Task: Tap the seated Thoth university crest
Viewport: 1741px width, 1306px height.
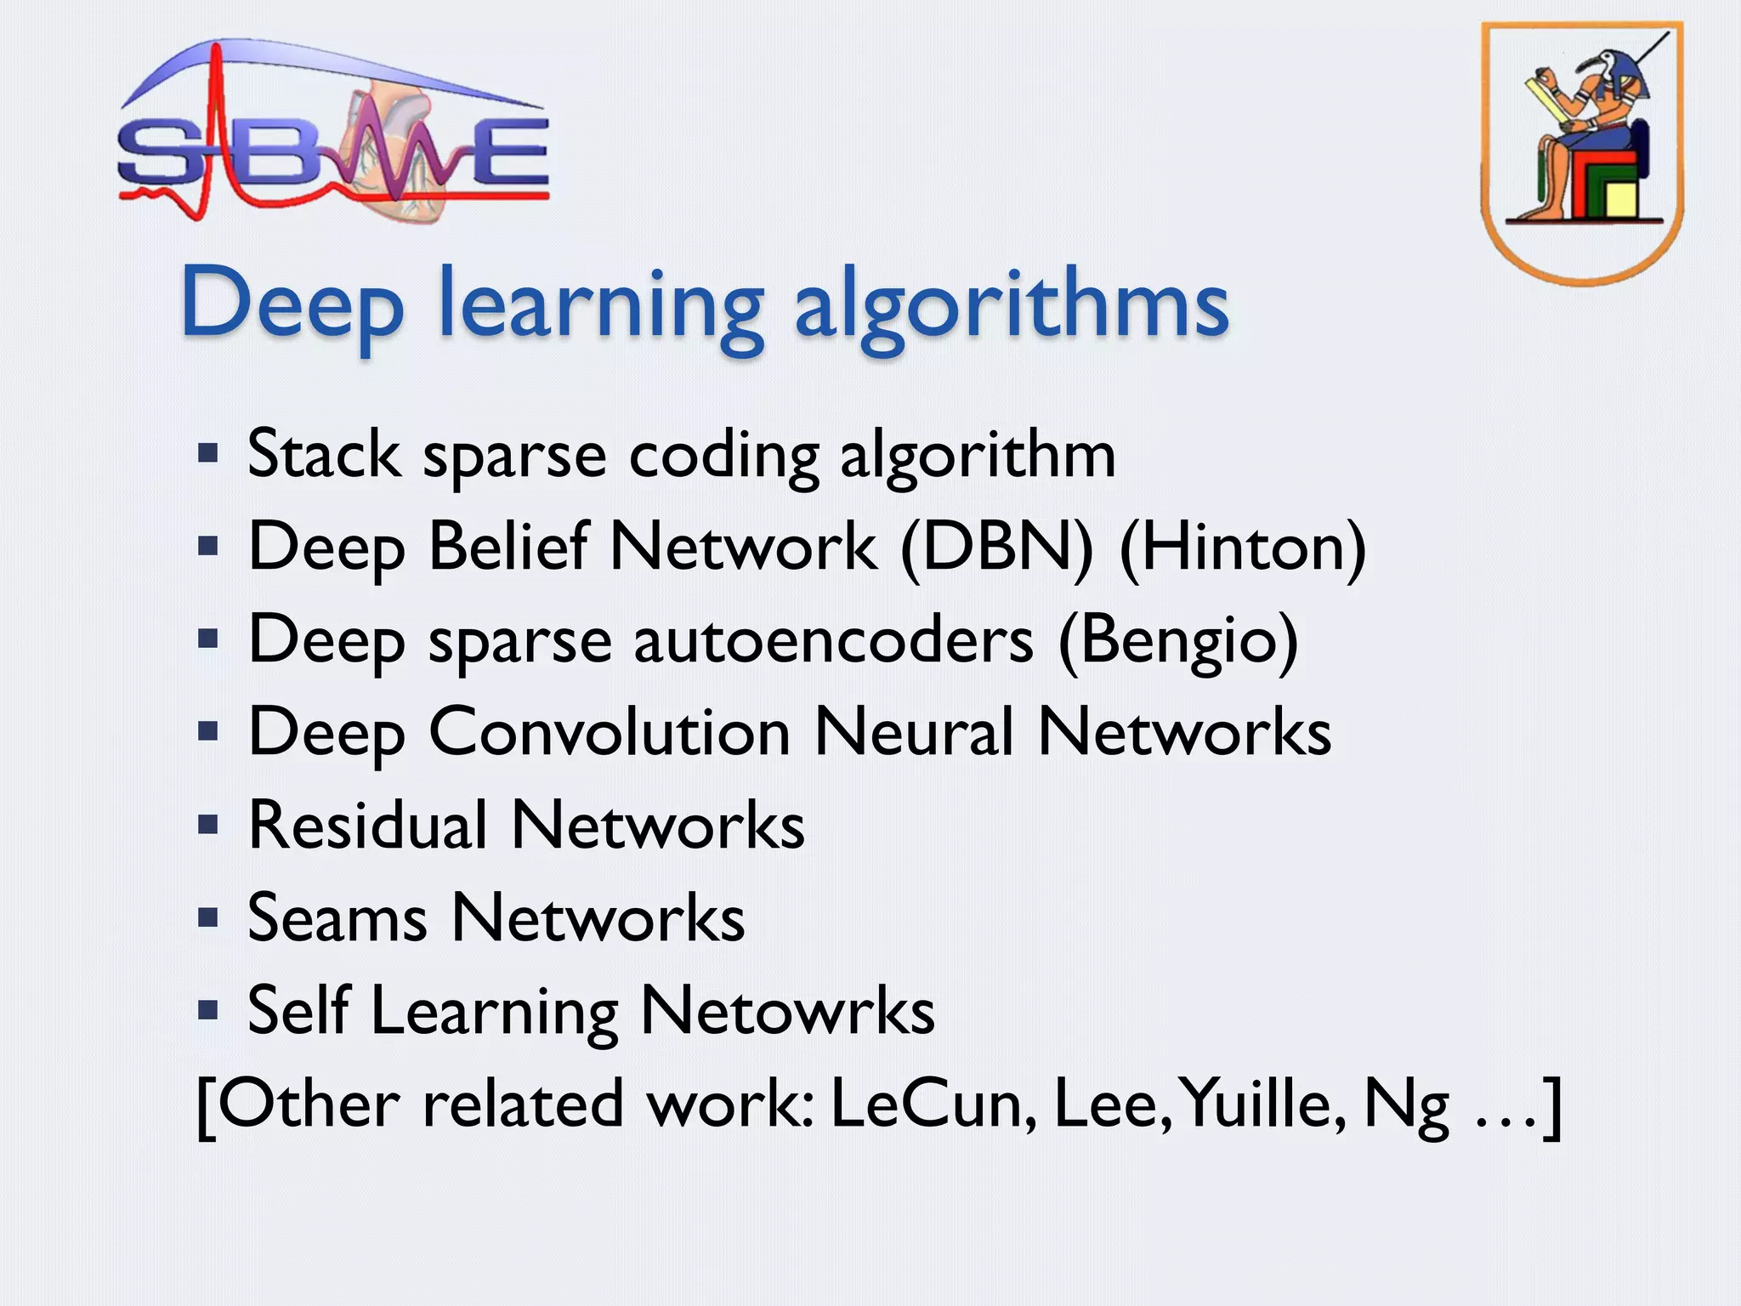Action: pos(1581,153)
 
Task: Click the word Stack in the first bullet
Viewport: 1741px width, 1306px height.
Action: pos(323,455)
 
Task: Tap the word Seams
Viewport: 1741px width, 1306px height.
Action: pos(337,918)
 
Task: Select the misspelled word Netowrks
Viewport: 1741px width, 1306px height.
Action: pos(787,1011)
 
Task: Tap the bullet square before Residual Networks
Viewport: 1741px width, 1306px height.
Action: pos(208,824)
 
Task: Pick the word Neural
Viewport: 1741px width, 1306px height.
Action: pos(914,732)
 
